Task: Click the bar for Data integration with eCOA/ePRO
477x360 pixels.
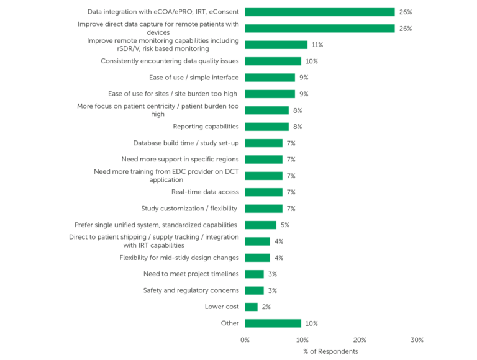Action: pos(319,12)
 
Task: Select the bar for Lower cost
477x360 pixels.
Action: pos(251,307)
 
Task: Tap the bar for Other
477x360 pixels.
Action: pos(273,323)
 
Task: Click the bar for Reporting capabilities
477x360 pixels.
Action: pos(266,127)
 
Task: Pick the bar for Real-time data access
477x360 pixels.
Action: pos(263,192)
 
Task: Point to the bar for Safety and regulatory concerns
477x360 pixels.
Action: pos(254,290)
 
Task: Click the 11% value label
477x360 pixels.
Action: pos(317,45)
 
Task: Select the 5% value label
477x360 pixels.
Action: pos(284,225)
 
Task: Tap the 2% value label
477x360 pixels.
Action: pos(266,307)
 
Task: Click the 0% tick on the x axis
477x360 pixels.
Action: pos(245,340)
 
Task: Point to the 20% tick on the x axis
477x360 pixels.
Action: pos(360,340)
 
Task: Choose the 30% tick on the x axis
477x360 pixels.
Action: pos(417,340)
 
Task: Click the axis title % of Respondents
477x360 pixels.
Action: pos(330,351)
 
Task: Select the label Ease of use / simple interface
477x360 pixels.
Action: pos(194,78)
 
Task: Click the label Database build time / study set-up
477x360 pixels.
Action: pos(186,143)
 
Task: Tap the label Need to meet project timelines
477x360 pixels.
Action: pos(191,274)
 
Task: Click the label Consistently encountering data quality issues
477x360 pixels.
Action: pos(170,61)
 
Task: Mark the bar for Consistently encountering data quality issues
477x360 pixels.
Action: pos(273,61)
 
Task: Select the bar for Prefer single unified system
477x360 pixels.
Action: pos(260,225)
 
